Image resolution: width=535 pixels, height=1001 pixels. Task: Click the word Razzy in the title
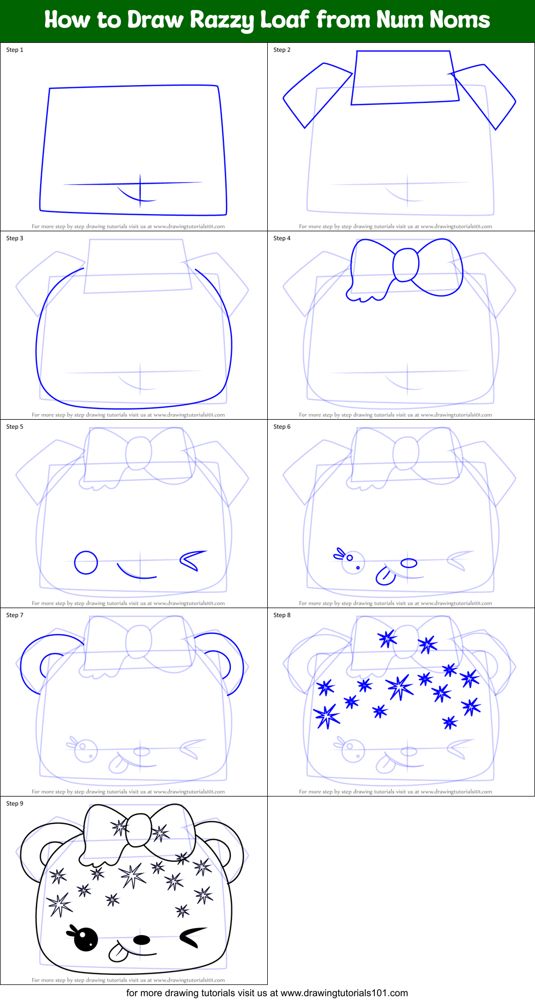(x=222, y=20)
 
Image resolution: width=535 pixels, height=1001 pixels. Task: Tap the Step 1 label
(x=15, y=50)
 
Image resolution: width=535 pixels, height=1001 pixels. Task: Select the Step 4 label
(x=282, y=238)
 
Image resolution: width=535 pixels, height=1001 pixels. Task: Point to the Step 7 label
(x=15, y=615)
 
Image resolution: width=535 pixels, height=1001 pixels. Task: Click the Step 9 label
(x=15, y=803)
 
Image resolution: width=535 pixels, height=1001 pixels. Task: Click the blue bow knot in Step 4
(x=405, y=265)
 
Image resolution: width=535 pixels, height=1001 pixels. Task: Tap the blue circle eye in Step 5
(x=86, y=563)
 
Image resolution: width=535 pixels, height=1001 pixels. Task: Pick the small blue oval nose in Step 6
(x=409, y=563)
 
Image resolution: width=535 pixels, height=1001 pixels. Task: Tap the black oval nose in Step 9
(x=141, y=939)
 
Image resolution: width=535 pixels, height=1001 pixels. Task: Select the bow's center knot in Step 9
(x=138, y=830)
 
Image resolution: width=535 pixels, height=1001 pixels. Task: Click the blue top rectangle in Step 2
(x=404, y=78)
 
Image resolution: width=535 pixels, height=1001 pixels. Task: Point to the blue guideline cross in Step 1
(x=140, y=185)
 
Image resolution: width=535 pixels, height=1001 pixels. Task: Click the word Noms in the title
(x=460, y=20)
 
